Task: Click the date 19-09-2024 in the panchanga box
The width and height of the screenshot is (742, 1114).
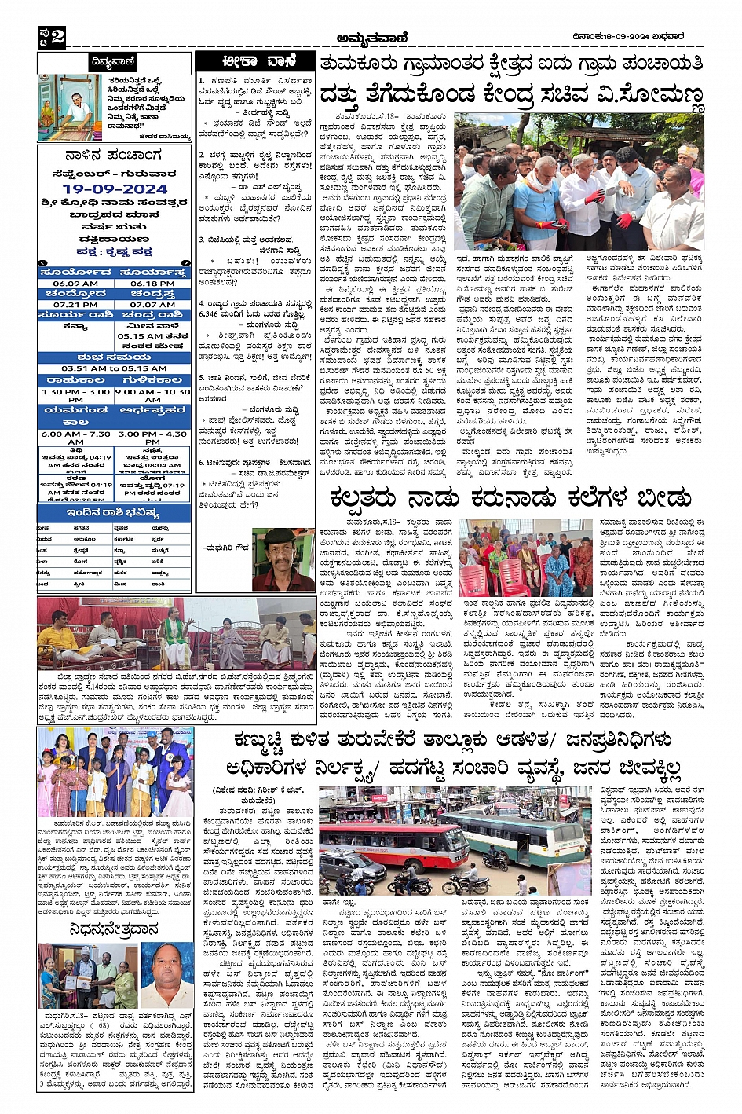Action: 115,189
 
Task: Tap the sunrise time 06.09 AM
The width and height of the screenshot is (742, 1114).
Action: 75,284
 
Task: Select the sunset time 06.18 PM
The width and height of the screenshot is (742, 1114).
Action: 153,284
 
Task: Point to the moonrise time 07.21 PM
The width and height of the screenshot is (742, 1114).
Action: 75,305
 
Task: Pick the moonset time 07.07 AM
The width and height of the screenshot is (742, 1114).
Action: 153,305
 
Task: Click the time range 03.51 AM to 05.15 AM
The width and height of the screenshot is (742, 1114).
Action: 115,368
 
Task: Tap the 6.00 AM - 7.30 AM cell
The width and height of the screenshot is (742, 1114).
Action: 75,438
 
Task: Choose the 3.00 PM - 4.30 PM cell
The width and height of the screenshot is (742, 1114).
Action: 153,438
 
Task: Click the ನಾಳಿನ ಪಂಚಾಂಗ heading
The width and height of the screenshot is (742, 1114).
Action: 115,156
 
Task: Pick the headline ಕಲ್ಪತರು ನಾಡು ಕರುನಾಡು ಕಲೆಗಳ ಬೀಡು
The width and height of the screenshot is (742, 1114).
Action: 511,499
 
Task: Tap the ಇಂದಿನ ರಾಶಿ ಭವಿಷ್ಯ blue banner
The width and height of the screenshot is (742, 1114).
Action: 115,512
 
